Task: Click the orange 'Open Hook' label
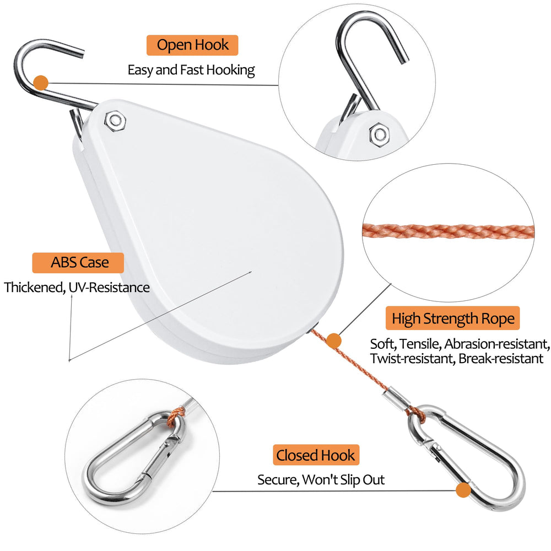pyautogui.click(x=192, y=45)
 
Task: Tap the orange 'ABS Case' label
pyautogui.click(x=78, y=262)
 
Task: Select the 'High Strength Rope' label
pyautogui.click(x=452, y=318)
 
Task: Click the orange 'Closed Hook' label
pyautogui.click(x=316, y=455)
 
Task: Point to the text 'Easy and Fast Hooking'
pyautogui.click(x=191, y=70)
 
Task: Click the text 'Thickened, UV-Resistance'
pyautogui.click(x=77, y=288)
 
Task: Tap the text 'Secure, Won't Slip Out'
pyautogui.click(x=321, y=480)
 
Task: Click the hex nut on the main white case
pyautogui.click(x=115, y=121)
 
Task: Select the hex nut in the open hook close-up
pyautogui.click(x=379, y=134)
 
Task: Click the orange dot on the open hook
pyautogui.click(x=41, y=83)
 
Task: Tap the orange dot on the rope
pyautogui.click(x=333, y=341)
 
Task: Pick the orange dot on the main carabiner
pyautogui.click(x=463, y=490)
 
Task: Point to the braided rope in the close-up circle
pyautogui.click(x=449, y=231)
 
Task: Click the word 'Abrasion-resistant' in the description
pyautogui.click(x=497, y=344)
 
